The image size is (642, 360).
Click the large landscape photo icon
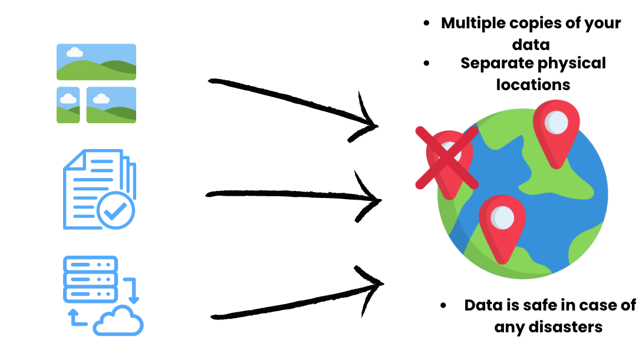[x=96, y=62]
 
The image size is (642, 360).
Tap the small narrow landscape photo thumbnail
[x=68, y=105]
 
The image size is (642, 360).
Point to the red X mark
[x=446, y=158]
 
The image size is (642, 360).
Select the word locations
[x=533, y=84]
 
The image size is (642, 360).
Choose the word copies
[x=535, y=23]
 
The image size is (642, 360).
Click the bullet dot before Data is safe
[x=443, y=305]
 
